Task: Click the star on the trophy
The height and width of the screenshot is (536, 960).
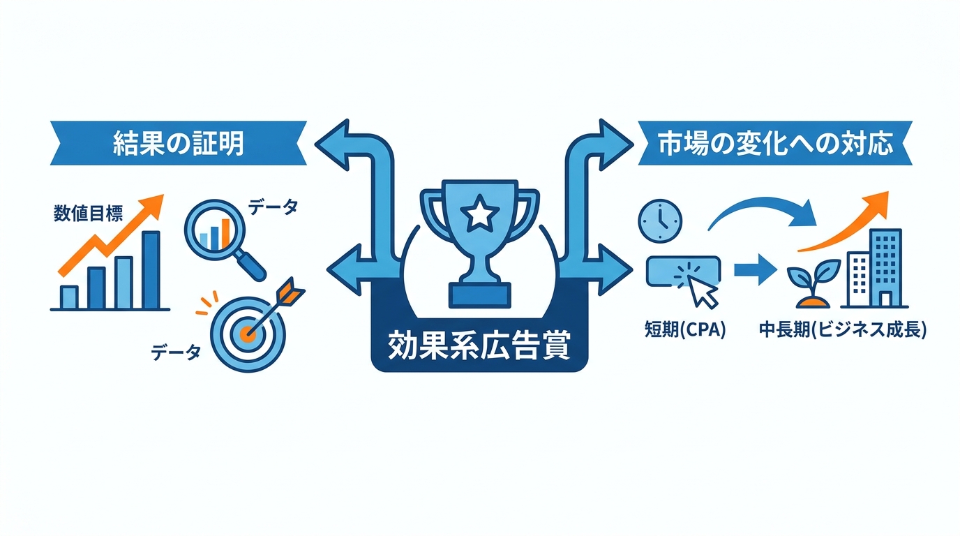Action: point(479,212)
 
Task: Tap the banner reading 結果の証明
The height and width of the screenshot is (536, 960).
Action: point(179,143)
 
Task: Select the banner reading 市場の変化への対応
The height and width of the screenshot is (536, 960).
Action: point(775,143)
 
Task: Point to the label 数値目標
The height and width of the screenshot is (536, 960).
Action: point(89,213)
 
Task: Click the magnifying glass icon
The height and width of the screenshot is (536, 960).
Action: point(224,239)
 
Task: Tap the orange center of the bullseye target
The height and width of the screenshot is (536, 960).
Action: point(247,334)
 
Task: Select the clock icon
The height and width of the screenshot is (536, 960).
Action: point(660,221)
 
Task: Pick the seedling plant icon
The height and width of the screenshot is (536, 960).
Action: point(813,284)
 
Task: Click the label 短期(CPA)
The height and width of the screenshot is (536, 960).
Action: point(685,330)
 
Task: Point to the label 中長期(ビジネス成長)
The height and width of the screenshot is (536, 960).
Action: point(843,330)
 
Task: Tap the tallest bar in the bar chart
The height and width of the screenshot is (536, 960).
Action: point(151,269)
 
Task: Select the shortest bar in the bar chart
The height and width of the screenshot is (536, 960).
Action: point(69,297)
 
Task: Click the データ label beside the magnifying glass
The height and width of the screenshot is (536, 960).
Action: point(273,207)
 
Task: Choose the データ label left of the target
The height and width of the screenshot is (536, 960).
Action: point(176,352)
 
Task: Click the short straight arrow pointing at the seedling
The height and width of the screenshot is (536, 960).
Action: point(755,269)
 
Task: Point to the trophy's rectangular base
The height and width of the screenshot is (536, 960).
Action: point(479,295)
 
